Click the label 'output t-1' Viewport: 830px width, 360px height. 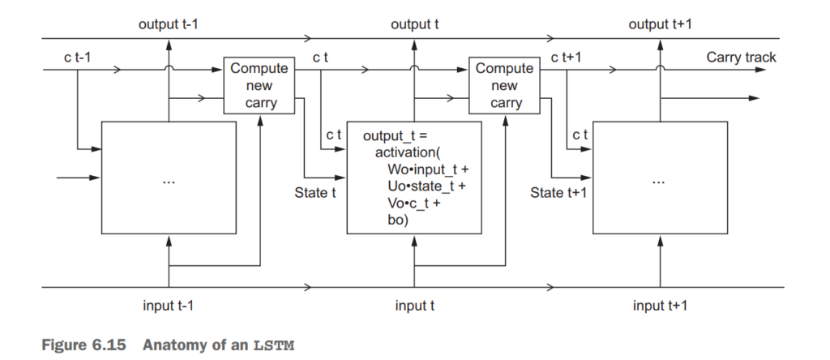point(169,25)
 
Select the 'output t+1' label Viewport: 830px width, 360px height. point(661,25)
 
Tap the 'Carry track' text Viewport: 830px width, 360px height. point(741,58)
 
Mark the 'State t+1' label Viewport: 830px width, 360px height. point(558,193)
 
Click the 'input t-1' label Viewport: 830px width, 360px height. point(169,305)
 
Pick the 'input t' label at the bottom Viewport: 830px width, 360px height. point(416,305)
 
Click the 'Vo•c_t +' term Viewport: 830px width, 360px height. point(413,204)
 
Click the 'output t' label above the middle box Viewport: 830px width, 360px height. point(416,25)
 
